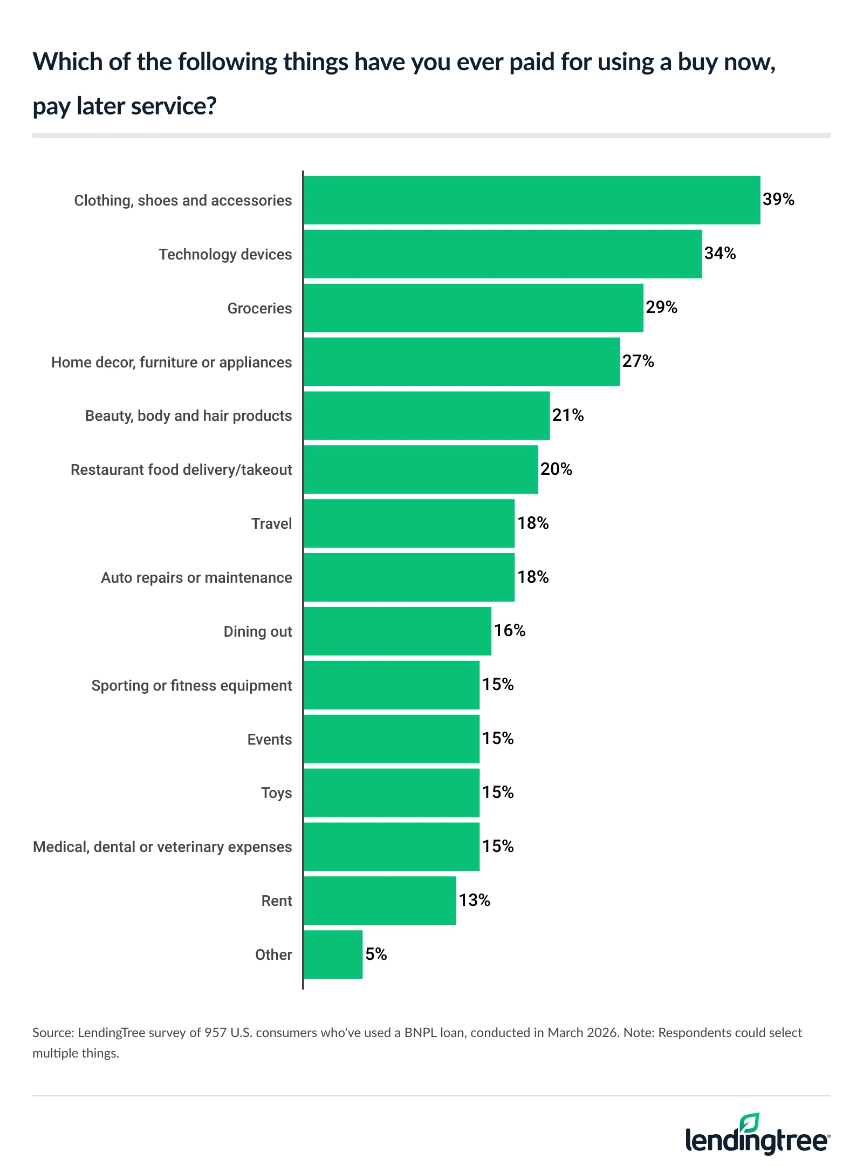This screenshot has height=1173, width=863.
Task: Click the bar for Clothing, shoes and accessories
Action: tap(531, 200)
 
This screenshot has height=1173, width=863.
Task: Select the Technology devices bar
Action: tap(502, 254)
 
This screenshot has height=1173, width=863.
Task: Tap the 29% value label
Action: tap(661, 307)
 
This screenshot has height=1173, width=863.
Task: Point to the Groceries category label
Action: tap(259, 308)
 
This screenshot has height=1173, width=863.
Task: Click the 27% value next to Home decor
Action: tap(638, 361)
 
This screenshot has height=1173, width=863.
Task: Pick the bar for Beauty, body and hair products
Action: tap(426, 415)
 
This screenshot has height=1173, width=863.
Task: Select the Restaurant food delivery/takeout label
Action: tap(181, 469)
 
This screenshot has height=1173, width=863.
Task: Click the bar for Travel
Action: tap(409, 523)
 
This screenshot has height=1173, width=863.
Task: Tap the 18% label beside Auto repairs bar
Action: tap(533, 577)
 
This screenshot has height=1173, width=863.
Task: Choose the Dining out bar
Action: tap(397, 631)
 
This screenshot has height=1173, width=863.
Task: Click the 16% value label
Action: tap(510, 630)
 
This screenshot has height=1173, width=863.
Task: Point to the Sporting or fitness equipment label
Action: tap(191, 685)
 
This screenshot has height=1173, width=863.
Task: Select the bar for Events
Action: tap(391, 739)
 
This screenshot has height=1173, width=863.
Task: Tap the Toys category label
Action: tap(276, 793)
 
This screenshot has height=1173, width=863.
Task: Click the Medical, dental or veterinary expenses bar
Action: tap(391, 847)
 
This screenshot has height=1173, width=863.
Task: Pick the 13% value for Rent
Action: tap(474, 900)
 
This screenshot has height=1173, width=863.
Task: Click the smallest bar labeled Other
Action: tap(333, 954)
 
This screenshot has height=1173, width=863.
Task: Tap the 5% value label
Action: tap(376, 954)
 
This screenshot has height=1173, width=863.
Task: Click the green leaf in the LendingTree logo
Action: tap(750, 1122)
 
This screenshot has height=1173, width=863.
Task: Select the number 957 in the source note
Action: tap(215, 1033)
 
